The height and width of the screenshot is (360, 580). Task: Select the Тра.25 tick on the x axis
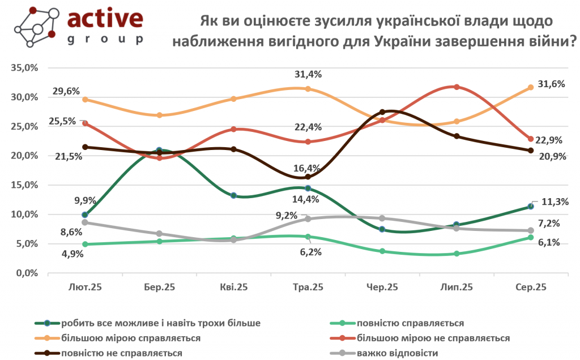(308, 287)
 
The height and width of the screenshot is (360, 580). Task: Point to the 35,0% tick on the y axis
(24, 68)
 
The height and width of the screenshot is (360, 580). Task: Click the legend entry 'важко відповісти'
(397, 352)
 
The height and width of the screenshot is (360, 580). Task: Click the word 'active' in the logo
(105, 18)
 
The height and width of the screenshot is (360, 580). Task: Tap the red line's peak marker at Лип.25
(456, 87)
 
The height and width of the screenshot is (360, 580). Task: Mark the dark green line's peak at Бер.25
(159, 151)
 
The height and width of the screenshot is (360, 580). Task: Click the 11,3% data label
(555, 202)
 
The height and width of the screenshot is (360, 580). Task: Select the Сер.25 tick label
(531, 287)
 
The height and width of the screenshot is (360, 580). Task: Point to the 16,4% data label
(307, 168)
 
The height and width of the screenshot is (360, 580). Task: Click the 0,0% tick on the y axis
(27, 273)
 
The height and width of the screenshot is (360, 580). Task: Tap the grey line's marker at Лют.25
(85, 222)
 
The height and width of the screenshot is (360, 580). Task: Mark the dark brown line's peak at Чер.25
(382, 112)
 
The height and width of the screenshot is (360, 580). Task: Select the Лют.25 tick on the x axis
(85, 287)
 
